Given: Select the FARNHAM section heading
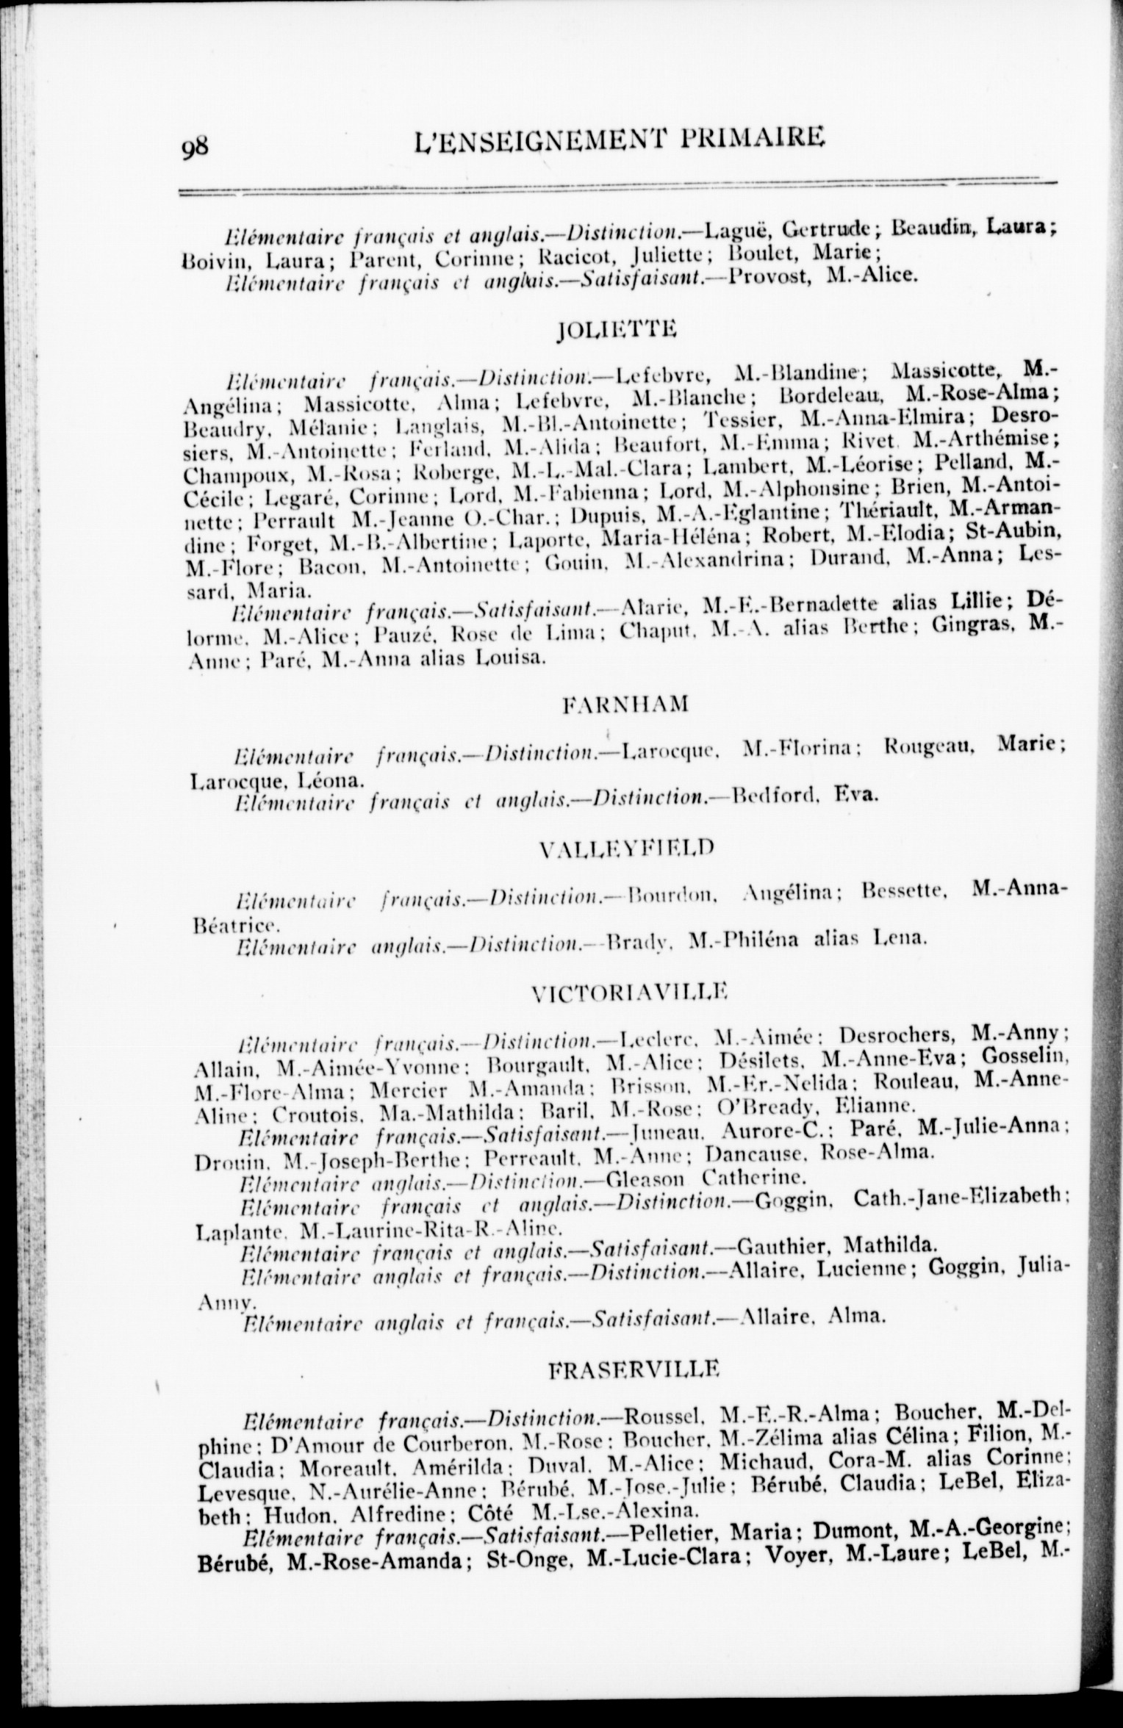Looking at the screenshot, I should click(x=625, y=705).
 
